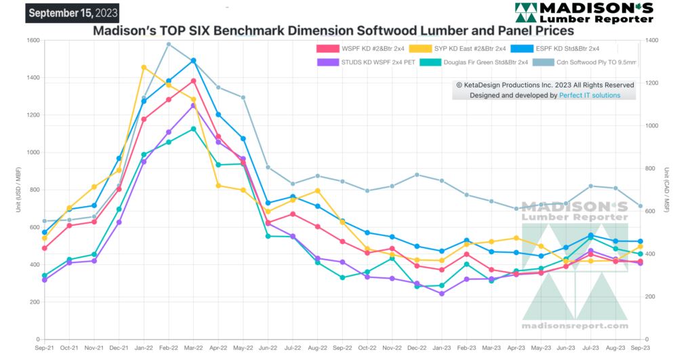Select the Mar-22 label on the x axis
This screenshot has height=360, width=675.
[194, 347]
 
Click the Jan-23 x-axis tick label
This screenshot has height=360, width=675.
[442, 347]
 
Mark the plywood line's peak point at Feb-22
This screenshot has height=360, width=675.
[169, 45]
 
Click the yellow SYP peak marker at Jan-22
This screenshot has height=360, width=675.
[144, 67]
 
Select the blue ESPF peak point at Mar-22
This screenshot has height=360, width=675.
[194, 60]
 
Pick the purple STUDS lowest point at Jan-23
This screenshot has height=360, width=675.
[442, 294]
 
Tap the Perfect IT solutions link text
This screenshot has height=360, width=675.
[590, 96]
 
